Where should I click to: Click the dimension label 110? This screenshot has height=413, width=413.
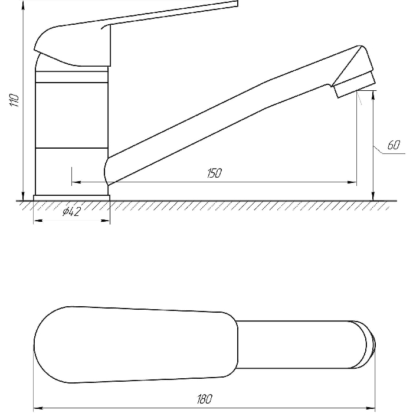tap(14, 100)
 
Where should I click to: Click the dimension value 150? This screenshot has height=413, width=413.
tap(214, 173)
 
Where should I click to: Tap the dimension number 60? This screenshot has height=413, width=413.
tap(394, 145)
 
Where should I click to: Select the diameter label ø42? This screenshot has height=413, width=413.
tap(71, 211)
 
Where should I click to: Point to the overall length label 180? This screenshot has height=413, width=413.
tap(204, 399)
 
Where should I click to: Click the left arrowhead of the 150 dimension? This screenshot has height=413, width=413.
tap(76, 182)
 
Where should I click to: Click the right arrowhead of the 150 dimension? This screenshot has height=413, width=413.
tap(352, 182)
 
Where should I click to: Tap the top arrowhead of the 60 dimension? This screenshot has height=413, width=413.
tap(373, 95)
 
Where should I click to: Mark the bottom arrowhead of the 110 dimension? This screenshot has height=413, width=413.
tap(23, 196)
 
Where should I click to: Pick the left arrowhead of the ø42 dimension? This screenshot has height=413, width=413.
tap(38, 221)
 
